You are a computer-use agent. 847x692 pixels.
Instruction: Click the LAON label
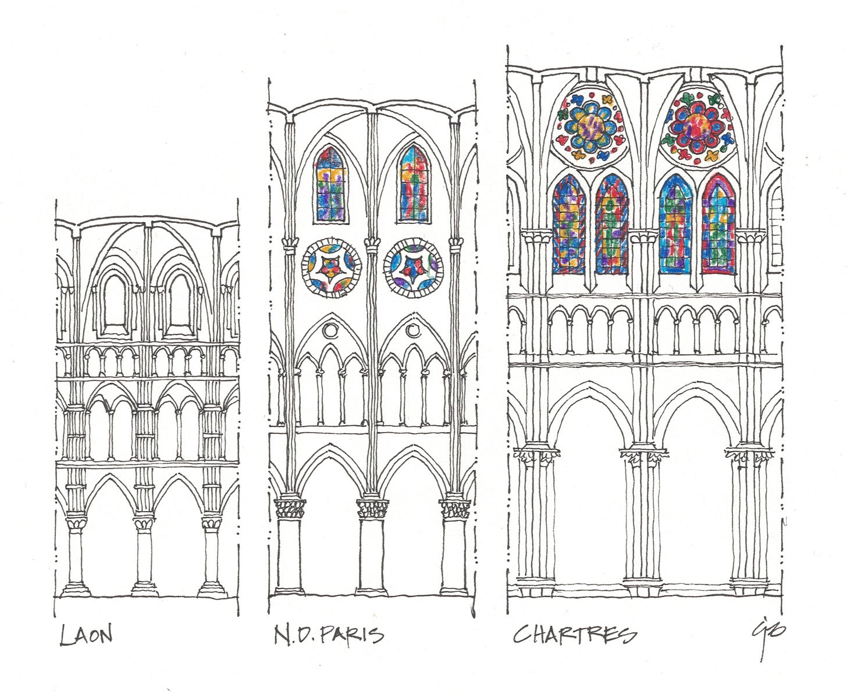coord(86,634)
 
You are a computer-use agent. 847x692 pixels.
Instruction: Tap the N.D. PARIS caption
coord(329,634)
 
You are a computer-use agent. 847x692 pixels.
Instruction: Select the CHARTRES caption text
coord(574,634)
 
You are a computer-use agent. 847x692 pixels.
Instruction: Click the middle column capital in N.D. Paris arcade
coord(372,509)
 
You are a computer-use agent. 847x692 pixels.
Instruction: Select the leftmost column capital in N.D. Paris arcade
coord(289,509)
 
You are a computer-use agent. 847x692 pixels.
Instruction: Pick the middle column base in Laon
coord(144,588)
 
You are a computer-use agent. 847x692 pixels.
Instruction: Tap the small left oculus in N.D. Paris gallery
coord(330,330)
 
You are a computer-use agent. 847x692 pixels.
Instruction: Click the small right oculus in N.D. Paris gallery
coord(413,330)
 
